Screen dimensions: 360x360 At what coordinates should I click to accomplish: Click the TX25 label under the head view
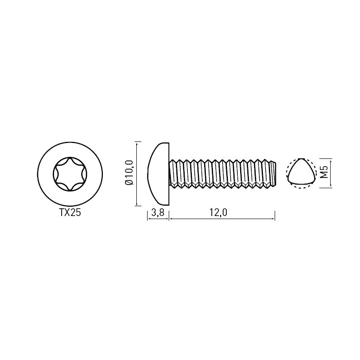point(70,212)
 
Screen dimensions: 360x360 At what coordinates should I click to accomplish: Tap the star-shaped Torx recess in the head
point(70,174)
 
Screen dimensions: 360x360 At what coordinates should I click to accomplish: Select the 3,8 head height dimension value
point(158,212)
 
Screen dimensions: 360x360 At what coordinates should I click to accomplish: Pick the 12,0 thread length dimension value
point(218,212)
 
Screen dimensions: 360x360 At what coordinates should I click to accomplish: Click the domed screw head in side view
point(158,174)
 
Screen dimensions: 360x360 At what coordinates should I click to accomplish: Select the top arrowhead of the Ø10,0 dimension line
point(137,144)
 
